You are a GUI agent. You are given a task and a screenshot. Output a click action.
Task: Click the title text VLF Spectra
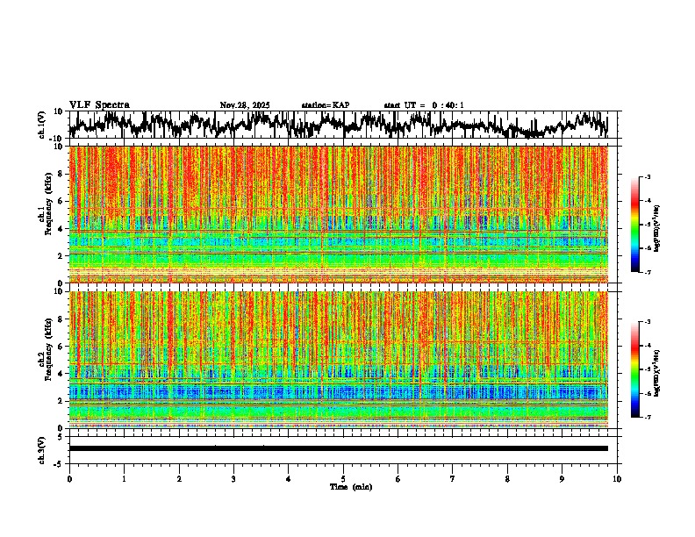99,105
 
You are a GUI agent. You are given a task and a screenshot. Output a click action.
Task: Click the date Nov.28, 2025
245,105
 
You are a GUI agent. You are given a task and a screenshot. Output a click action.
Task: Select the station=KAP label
325,105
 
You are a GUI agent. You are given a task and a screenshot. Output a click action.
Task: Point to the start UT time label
424,105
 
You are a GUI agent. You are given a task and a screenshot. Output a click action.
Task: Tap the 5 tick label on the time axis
343,478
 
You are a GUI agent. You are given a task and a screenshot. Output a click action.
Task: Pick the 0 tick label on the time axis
69,478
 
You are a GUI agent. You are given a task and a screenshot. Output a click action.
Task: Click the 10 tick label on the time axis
617,478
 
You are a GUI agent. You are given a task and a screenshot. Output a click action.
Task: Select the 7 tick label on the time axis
453,478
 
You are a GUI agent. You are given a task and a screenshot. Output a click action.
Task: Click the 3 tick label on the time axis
233,478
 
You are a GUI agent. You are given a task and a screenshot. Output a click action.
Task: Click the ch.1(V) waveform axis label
42,125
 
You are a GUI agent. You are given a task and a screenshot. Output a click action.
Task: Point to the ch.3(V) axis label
42,448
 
